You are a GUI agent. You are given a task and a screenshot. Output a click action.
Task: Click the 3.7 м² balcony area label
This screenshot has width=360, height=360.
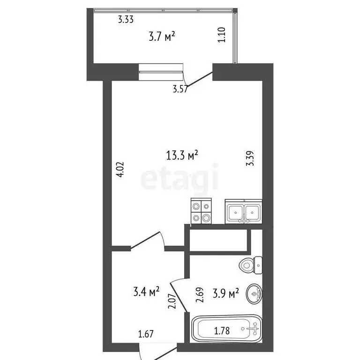[x=162, y=37]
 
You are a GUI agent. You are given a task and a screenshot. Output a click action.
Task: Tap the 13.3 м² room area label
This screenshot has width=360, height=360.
[x=182, y=154]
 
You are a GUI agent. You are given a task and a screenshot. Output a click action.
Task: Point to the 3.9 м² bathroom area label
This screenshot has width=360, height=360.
[x=227, y=294]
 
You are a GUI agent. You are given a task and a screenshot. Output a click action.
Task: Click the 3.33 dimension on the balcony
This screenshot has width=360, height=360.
[x=126, y=19]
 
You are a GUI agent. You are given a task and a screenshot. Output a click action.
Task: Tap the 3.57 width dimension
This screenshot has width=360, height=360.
[x=180, y=89]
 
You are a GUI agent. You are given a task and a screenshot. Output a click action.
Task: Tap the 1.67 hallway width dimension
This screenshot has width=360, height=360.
[x=146, y=335]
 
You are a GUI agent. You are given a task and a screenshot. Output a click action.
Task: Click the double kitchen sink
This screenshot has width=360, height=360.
[x=243, y=212]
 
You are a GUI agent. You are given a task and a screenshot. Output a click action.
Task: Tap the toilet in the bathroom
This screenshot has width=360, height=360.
[x=251, y=265]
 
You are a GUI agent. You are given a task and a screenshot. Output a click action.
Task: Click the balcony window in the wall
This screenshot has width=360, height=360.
[x=160, y=72]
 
